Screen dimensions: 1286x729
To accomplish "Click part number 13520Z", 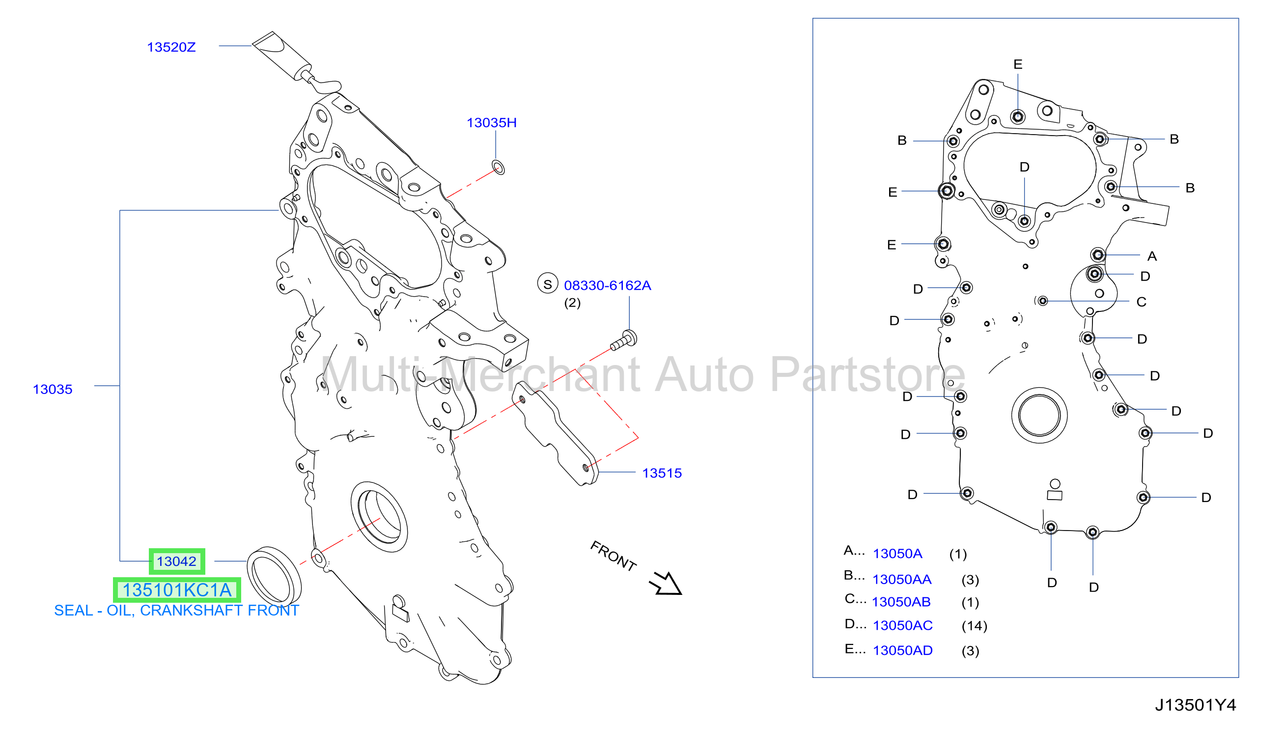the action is tap(171, 47).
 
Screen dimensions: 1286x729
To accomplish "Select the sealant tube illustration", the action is tap(295, 62).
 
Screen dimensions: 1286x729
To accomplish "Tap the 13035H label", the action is tap(492, 123).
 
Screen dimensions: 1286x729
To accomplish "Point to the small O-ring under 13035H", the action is tap(498, 167).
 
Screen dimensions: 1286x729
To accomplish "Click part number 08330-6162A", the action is tap(607, 285).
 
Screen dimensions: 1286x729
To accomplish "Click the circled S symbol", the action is tap(547, 284).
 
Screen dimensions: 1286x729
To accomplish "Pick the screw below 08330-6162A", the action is tap(624, 340).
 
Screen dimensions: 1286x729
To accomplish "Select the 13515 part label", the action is tap(662, 473).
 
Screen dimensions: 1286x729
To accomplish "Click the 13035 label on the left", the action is tap(53, 389).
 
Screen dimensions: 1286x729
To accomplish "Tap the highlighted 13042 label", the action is tap(177, 561).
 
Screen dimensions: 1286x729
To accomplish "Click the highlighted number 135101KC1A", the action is tap(177, 590).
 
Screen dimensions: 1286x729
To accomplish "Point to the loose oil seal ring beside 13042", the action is tap(274, 576).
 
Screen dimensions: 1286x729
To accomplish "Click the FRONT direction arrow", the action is tap(666, 583).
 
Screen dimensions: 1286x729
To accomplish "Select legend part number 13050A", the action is tap(897, 553).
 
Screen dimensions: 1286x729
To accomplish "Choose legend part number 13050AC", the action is tap(902, 625).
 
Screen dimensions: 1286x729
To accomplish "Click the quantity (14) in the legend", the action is tap(974, 626).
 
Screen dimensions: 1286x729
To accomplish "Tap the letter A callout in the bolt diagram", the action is tap(1152, 256).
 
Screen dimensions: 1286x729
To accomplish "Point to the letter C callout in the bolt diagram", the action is tap(1141, 302).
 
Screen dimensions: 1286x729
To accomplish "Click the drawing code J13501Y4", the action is tap(1196, 705).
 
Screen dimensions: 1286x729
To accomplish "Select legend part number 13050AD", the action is tap(902, 650).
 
